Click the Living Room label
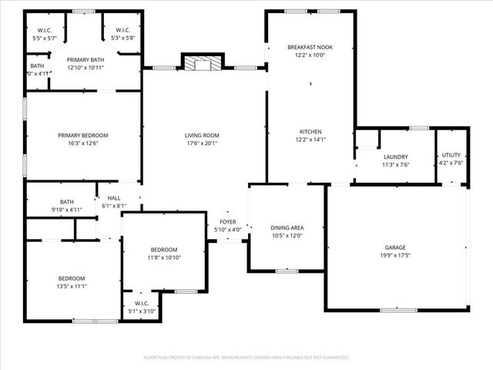[x=202, y=135]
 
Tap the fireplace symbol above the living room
[x=202, y=64]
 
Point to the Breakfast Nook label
[x=310, y=47]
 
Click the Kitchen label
[x=310, y=131]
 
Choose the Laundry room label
[x=394, y=156]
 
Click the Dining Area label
[x=287, y=227]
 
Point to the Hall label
[x=114, y=198]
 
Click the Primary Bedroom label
[x=83, y=135]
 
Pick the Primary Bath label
[x=86, y=59]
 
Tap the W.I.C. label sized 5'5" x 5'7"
[x=45, y=30]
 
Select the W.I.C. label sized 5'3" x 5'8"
[x=122, y=30]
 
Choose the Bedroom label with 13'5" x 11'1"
[x=72, y=278]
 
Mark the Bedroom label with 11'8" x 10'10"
[x=164, y=249]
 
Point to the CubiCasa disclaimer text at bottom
[x=246, y=357]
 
